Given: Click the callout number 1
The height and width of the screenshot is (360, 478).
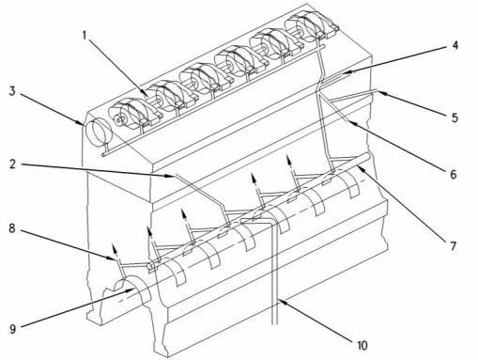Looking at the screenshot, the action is click(85, 36).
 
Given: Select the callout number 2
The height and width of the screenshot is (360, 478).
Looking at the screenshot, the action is click(12, 164).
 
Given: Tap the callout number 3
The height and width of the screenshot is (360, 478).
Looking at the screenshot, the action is click(12, 91).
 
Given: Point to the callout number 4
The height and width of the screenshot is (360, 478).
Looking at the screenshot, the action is click(455, 45).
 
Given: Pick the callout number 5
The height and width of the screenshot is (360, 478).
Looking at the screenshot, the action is click(455, 117).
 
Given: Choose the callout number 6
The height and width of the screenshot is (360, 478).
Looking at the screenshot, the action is click(454, 174).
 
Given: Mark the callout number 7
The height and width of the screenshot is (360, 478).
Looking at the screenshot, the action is click(454, 246).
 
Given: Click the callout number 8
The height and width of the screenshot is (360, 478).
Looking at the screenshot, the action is click(12, 228).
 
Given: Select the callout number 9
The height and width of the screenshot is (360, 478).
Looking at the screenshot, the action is click(12, 329).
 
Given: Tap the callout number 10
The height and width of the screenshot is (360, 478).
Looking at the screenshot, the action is click(362, 345).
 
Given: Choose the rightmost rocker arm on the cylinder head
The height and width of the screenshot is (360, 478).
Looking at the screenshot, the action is click(312, 26).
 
